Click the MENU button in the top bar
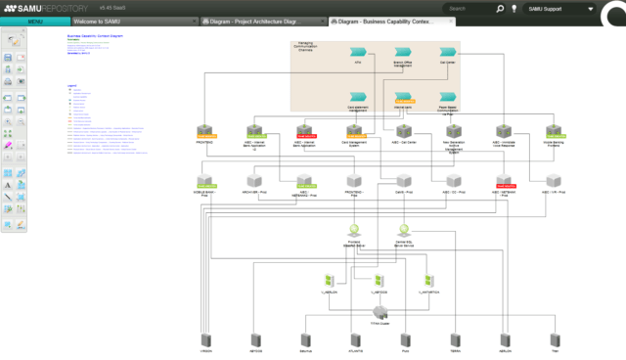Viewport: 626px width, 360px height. tap(35, 21)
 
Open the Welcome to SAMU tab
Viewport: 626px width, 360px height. tap(98, 21)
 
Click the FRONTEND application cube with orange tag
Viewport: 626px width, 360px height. tap(204, 131)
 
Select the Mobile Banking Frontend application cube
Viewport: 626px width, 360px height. tap(554, 131)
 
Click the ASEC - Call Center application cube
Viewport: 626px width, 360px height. tap(403, 131)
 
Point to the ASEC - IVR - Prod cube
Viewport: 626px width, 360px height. tap(554, 182)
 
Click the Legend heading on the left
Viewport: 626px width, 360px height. tap(71, 85)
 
